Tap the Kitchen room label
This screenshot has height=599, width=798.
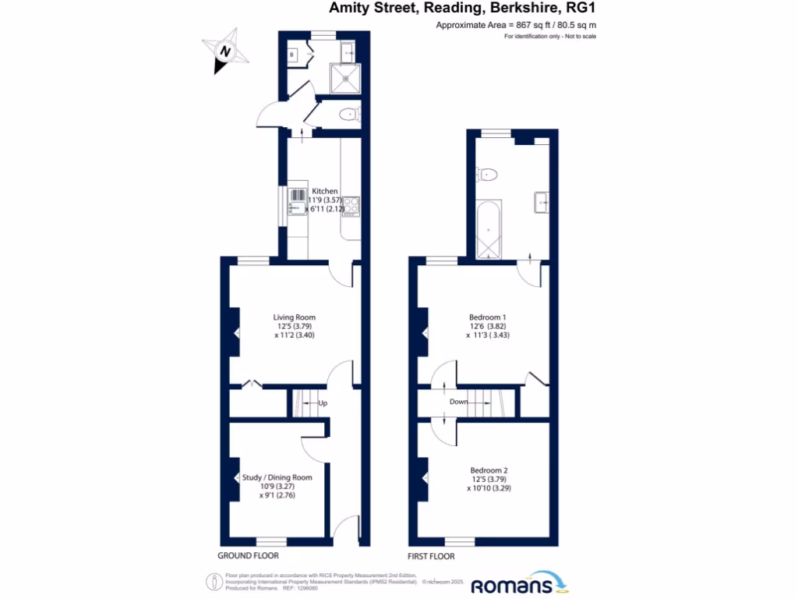pos(325,191)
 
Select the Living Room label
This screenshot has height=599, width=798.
pos(294,317)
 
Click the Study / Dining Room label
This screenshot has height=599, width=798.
pos(277,477)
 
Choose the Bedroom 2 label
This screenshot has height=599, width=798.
pos(489,470)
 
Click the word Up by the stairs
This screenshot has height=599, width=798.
pos(322,403)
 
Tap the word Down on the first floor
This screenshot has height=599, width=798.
pos(459,402)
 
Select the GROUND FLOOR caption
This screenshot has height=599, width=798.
pos(248,556)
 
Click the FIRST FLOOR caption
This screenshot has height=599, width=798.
pos(431,556)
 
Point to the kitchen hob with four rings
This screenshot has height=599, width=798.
pos(351,205)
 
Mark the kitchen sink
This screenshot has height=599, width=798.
pos(298,201)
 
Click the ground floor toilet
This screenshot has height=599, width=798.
pos(348,115)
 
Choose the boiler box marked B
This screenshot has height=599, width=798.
pos(293,55)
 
